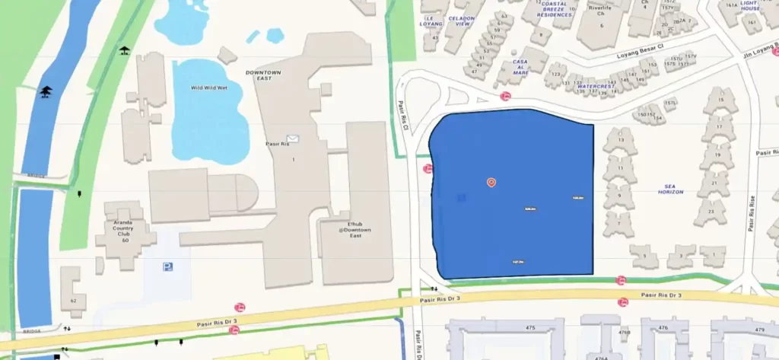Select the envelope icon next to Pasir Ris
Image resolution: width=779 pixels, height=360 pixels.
click(294, 139)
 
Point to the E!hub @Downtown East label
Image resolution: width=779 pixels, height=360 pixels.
click(356, 231)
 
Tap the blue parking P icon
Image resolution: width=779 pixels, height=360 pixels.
click(167, 266)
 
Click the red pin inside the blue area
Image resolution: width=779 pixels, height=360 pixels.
click(491, 182)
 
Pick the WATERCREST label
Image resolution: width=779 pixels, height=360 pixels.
click(595, 87)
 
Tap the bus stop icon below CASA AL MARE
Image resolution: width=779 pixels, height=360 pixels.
click(505, 96)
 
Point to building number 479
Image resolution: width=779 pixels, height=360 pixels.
click(758, 329)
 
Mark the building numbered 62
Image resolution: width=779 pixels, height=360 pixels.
click(74, 301)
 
